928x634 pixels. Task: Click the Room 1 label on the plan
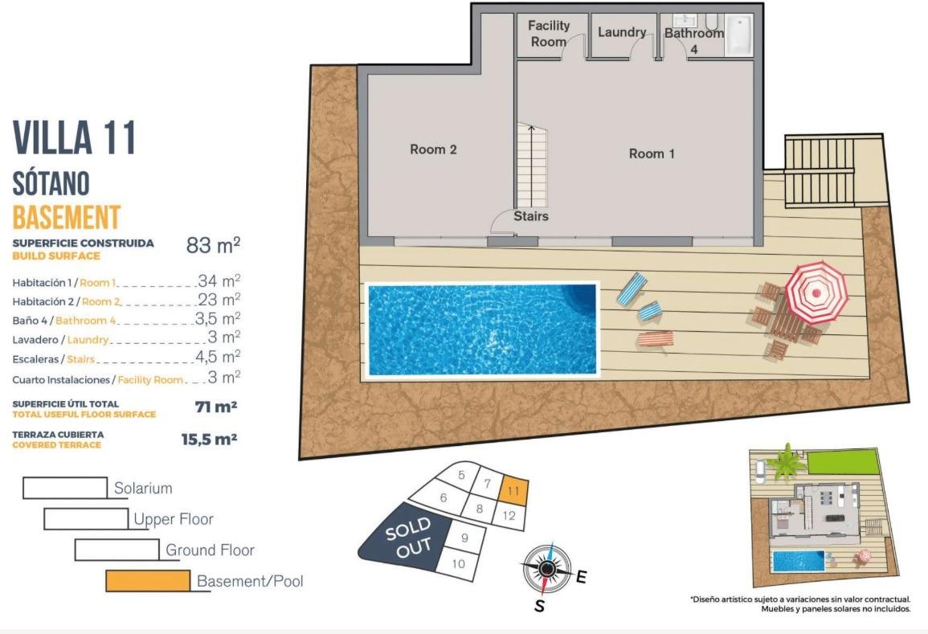652,153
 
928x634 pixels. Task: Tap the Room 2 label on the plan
433,149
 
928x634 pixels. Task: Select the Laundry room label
622,32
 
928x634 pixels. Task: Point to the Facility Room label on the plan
549,33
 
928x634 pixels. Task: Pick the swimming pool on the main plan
482,329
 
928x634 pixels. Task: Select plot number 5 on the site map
461,475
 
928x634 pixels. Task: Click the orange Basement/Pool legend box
148,580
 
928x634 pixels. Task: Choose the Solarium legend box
65,488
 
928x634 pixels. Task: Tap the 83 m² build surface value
213,246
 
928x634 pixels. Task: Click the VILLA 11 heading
75,138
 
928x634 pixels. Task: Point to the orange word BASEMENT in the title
67,218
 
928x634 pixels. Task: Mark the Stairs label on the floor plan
531,216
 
